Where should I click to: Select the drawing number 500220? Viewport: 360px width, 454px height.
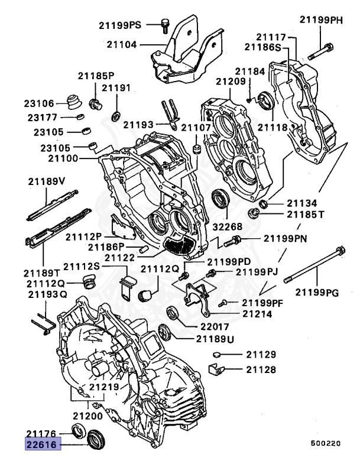[x=326, y=442]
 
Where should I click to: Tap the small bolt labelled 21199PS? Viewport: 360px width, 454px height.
[x=165, y=25]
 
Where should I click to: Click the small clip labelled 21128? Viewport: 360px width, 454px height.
[x=217, y=371]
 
